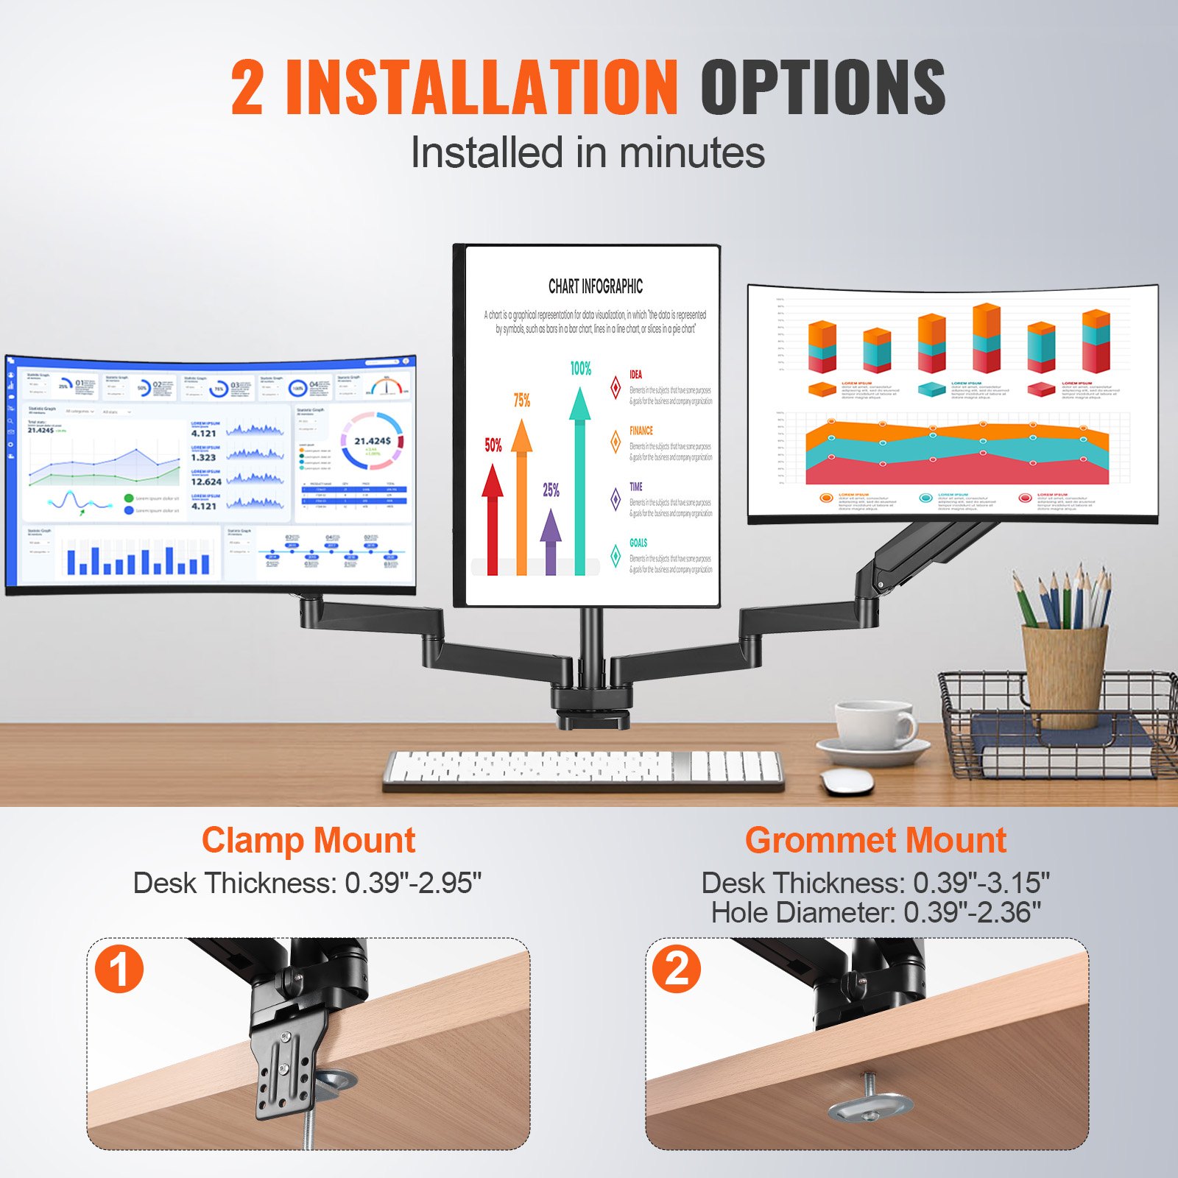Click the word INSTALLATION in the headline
coord(482,88)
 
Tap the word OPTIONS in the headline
coord(822,88)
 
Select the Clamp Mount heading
coord(308,841)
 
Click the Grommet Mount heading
coord(875,841)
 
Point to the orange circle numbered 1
coord(119,969)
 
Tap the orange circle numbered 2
coord(677,969)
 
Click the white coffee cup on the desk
coord(875,725)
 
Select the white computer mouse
coord(846,780)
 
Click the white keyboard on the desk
coord(583,770)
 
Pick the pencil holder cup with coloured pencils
coord(1064,674)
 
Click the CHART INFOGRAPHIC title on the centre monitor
coord(595,286)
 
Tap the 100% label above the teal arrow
coord(581,369)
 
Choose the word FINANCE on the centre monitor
coord(641,431)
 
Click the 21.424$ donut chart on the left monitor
coord(372,441)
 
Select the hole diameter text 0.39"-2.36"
coord(972,913)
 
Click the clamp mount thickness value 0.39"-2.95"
coord(412,883)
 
